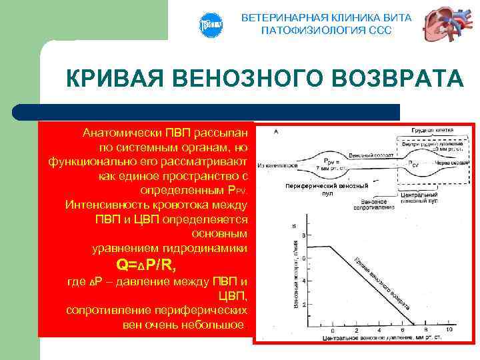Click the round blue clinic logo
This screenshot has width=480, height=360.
[x=210, y=25]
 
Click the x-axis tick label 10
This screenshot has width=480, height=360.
[x=449, y=330]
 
